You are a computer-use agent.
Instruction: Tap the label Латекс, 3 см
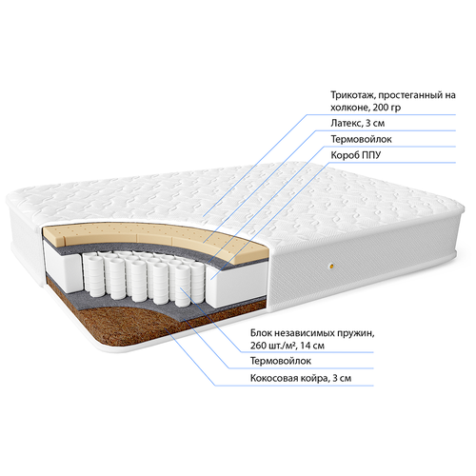pyautogui.click(x=358, y=123)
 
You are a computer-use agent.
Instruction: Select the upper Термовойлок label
pyautogui.click(x=361, y=139)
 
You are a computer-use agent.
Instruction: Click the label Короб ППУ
pyautogui.click(x=356, y=155)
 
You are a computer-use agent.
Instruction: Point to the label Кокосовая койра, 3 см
pyautogui.click(x=301, y=378)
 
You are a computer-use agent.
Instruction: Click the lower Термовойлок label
pyautogui.click(x=281, y=361)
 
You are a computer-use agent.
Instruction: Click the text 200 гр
pyautogui.click(x=387, y=108)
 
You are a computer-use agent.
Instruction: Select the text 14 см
pyautogui.click(x=312, y=346)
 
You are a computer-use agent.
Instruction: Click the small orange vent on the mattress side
pyautogui.click(x=331, y=267)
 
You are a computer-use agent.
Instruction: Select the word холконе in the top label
pyautogui.click(x=349, y=108)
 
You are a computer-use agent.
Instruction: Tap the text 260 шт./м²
pyautogui.click(x=272, y=346)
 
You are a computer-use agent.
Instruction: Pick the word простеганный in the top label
pyautogui.click(x=407, y=95)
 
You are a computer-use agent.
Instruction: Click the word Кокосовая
pyautogui.click(x=272, y=378)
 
